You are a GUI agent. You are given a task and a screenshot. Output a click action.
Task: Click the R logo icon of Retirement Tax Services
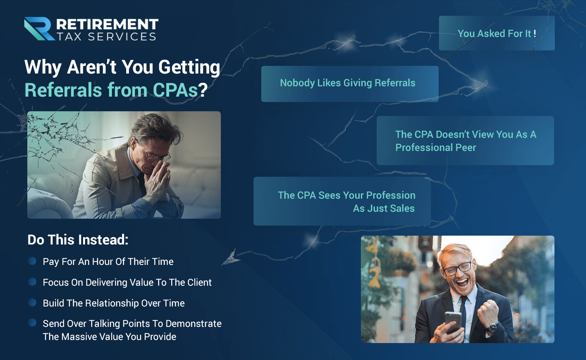pos(39,29)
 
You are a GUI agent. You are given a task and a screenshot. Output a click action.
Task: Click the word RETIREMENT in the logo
pos(107,24)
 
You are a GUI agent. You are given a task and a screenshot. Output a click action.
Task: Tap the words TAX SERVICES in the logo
pos(107,37)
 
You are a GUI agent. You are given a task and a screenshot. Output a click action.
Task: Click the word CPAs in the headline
pos(175,90)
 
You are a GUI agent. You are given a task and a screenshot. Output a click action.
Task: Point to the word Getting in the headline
pos(189,67)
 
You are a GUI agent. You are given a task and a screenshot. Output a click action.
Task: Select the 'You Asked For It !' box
pos(496,33)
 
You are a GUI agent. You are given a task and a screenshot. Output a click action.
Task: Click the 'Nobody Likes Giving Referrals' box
pos(350,84)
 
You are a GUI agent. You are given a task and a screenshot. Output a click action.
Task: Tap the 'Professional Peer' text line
pos(436,147)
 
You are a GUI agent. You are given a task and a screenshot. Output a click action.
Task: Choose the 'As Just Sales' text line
pos(384,208)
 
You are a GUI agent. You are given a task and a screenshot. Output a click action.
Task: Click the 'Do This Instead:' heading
pos(78,240)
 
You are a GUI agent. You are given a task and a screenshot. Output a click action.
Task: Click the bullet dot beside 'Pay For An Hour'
pos(32,261)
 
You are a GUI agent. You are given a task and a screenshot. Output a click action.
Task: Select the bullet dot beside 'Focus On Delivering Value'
pos(32,282)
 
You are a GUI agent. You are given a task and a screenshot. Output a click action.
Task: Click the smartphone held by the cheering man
pos(453,322)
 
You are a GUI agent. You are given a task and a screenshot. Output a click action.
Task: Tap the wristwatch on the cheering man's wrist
pos(493,327)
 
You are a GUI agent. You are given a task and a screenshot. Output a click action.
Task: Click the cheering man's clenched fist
pos(488,311)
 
